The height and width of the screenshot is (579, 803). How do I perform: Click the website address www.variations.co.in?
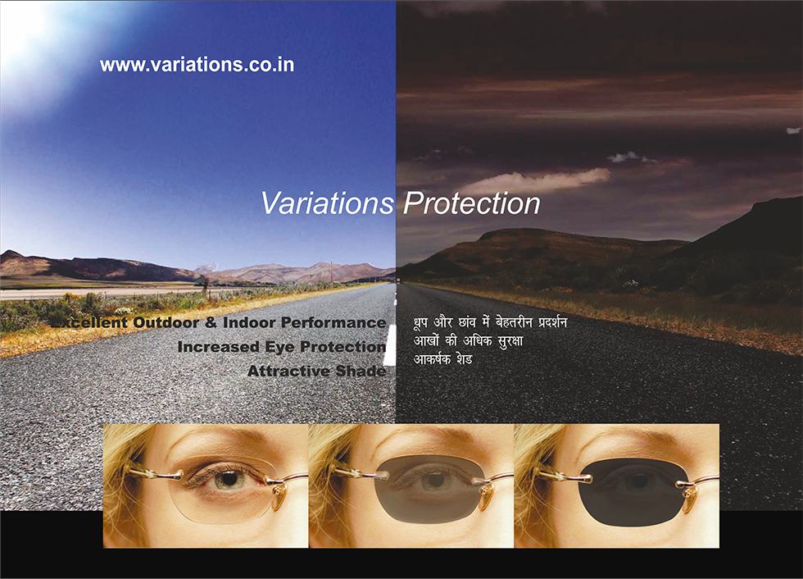coord(197,65)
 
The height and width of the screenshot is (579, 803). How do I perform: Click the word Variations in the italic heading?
coord(327,203)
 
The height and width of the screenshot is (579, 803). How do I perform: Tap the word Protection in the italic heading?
coord(472,203)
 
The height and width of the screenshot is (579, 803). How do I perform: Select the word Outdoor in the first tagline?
coord(166,322)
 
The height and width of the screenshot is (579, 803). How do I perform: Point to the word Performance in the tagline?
coord(333,322)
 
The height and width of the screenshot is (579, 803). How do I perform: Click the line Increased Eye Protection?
coord(282,347)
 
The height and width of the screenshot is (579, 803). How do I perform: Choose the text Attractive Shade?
coord(317,371)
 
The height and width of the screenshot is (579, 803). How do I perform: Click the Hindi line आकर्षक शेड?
coord(442,358)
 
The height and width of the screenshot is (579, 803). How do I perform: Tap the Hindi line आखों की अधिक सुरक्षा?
coord(468,340)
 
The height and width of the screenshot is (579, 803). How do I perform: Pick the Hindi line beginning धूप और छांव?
coord(490,322)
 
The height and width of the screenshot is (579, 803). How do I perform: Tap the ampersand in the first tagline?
coord(211,323)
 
